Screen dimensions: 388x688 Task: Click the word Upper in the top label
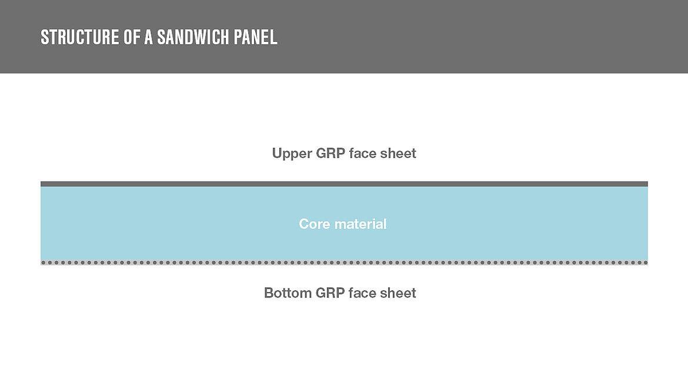pos(292,154)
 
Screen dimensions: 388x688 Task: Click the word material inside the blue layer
pos(359,224)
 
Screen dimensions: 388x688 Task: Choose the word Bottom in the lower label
pos(288,293)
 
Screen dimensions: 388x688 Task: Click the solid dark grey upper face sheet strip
pos(344,184)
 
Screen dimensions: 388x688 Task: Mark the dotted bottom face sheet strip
pos(344,263)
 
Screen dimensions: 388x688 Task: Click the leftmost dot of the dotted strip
pos(44,263)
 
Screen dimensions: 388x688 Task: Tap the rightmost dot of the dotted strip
pos(645,263)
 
